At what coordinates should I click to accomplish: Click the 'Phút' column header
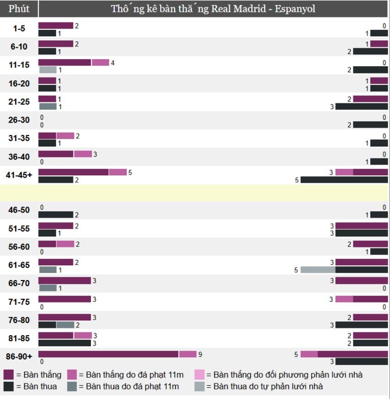19,9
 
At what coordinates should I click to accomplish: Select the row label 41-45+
19,175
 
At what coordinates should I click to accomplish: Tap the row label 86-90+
19,357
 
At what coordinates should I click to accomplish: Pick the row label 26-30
19,120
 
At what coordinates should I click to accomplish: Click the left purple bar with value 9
108,354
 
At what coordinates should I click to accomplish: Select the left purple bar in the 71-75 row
65,299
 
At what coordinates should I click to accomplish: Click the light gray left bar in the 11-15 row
47,70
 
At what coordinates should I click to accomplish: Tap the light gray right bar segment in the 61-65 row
318,270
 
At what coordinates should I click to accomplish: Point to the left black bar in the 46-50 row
56,215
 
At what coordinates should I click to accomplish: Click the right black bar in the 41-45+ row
344,180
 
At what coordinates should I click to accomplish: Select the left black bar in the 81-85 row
65,343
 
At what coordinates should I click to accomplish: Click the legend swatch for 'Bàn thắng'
9,375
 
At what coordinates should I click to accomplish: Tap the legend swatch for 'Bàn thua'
9,387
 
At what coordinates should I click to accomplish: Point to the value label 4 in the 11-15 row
112,62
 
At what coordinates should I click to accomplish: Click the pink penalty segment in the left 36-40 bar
83,154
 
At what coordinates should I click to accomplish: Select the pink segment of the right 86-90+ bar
309,354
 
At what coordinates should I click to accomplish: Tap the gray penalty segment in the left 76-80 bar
65,325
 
